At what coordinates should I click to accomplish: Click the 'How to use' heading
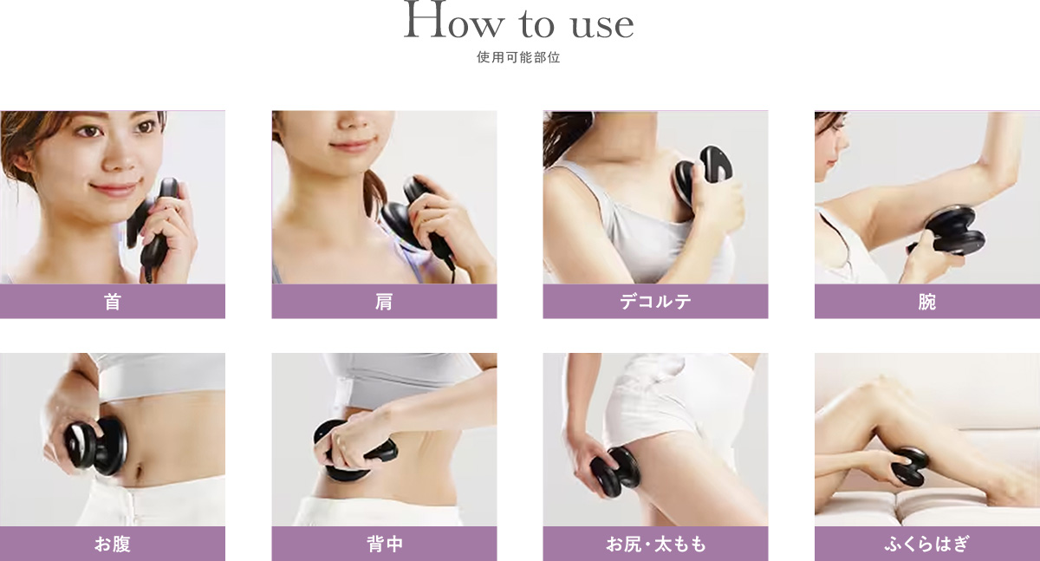519,24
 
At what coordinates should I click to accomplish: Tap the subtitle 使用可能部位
519,60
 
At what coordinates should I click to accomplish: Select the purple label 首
113,302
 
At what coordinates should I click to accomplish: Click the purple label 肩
384,302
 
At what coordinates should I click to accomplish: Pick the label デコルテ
655,302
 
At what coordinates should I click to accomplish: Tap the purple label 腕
926,302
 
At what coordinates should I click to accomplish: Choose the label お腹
113,545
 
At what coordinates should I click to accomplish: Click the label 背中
384,545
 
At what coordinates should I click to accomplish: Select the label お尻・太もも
655,545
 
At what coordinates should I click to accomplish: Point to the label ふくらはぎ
926,545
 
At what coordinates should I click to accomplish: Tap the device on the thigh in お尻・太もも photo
616,473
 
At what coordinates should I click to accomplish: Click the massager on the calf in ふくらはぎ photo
911,466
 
